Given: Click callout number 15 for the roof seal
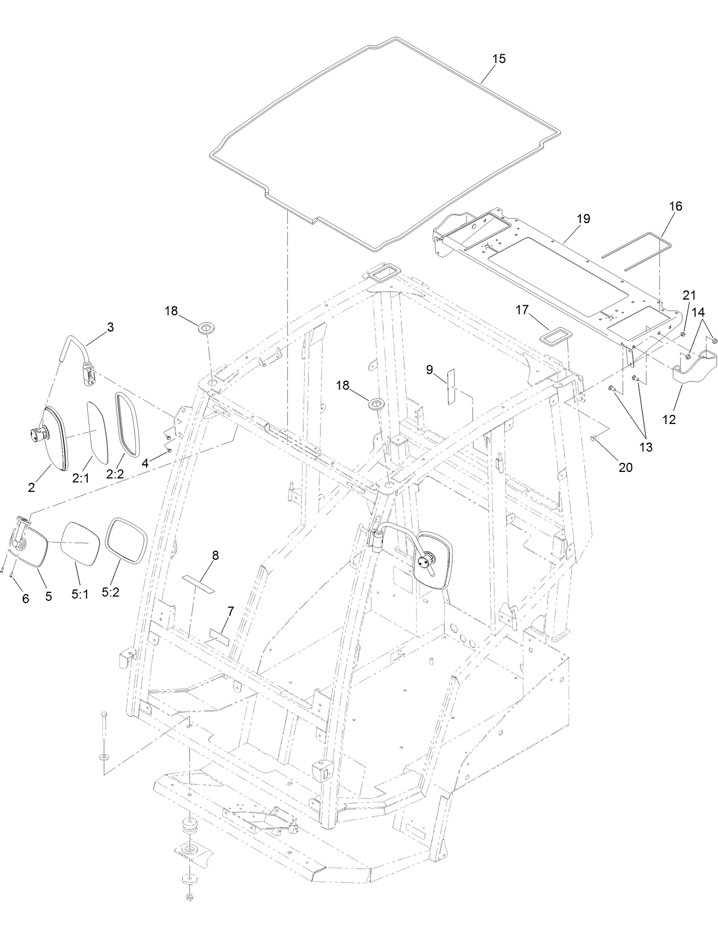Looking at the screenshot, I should [499, 59].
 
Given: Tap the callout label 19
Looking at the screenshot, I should [583, 219].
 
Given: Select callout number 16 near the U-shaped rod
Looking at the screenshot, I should [675, 206].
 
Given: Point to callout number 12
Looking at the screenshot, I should [669, 420].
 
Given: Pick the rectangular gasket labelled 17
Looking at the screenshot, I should [554, 336].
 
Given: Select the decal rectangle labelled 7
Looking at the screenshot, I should [219, 637].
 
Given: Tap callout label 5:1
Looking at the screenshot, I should [80, 593].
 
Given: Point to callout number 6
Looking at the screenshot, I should [26, 599].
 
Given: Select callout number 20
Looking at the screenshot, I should [626, 467].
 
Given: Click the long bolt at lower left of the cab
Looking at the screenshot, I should [104, 729].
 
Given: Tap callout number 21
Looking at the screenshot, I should [689, 294].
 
